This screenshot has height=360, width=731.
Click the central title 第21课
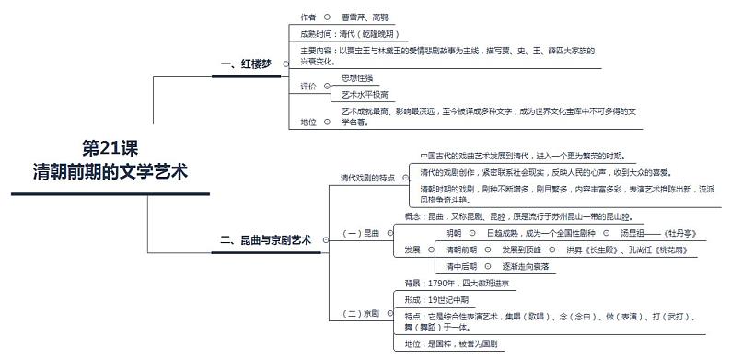[110, 148]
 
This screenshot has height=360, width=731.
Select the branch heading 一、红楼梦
[247, 64]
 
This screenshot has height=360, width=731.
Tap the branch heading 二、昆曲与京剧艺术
[265, 239]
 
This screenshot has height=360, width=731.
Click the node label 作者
[308, 17]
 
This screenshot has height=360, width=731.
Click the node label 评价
[308, 86]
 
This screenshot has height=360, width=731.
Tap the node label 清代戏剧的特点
[367, 178]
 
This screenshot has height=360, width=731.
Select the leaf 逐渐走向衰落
[526, 266]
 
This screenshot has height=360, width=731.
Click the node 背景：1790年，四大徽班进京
[458, 284]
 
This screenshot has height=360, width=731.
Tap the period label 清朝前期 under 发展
[461, 250]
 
